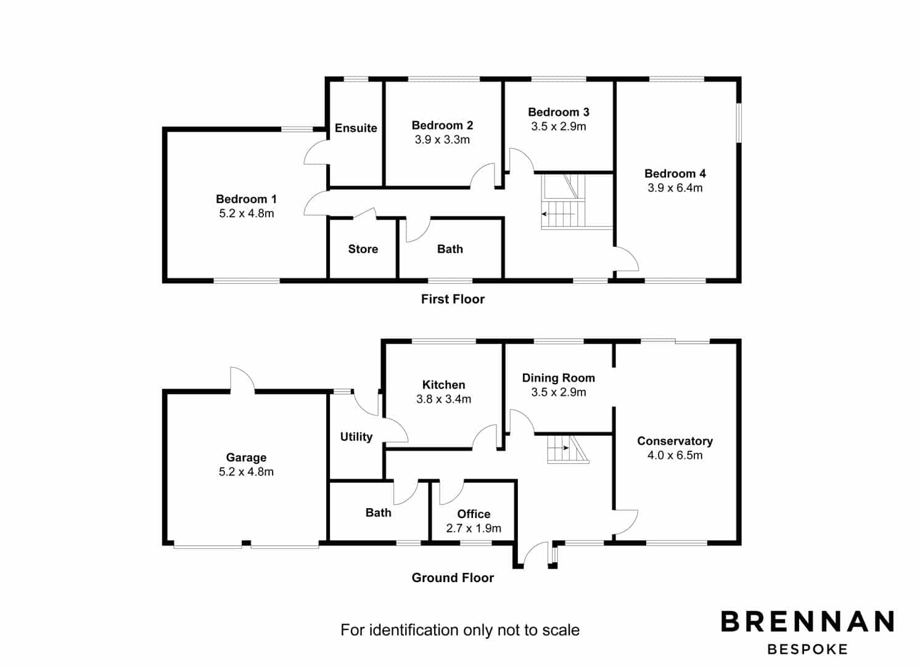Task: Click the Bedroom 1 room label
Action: coord(247,199)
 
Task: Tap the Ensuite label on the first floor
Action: coord(356,128)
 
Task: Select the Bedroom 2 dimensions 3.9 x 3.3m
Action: coord(442,140)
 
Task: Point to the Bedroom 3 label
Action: coord(559,112)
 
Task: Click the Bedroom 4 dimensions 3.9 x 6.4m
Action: coord(675,187)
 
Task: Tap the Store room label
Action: coord(363,249)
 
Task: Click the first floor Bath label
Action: coord(450,249)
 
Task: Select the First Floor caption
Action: coord(453,299)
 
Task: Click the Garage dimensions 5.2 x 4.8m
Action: coord(246,472)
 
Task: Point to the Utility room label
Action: coord(356,437)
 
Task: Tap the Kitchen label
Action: coord(443,385)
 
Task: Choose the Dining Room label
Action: coord(559,378)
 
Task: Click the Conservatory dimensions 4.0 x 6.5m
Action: coord(675,455)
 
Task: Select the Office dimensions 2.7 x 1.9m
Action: coord(474,528)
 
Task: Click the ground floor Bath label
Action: coord(378,512)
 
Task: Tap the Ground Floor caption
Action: coord(453,578)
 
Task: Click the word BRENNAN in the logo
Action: coord(808,621)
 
